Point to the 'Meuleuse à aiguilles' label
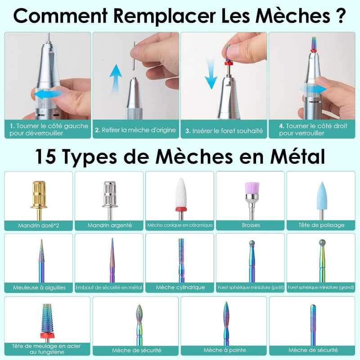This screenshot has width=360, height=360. (x=39, y=288)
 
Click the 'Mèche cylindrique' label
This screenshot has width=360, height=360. (x=180, y=287)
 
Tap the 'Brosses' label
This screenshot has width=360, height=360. (x=251, y=225)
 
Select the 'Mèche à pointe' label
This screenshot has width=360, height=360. (x=225, y=350)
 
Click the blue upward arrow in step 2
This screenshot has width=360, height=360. (x=116, y=77)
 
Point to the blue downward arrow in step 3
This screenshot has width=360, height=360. (x=211, y=74)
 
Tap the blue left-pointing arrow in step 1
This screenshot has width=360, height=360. (x=47, y=94)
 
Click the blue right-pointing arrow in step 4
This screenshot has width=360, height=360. (x=313, y=89)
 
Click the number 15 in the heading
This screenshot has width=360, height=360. (x=45, y=156)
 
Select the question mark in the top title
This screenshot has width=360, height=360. (x=341, y=15)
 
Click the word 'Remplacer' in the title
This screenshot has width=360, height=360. (x=164, y=16)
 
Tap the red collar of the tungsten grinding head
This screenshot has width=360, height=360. (x=47, y=335)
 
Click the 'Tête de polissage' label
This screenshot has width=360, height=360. (x=321, y=225)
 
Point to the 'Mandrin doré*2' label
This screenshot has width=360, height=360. (x=39, y=225)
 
